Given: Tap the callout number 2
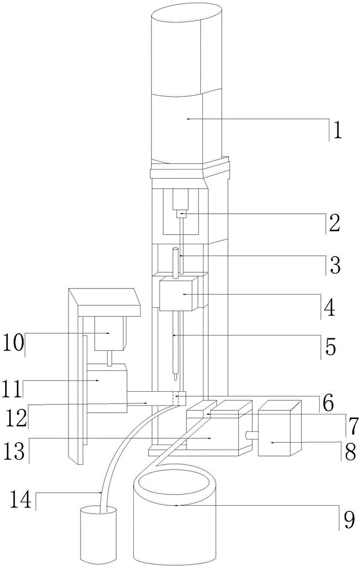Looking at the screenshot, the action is [334, 224].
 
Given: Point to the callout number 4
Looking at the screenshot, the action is [329, 308].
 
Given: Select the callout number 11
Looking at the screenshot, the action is [12, 381].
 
